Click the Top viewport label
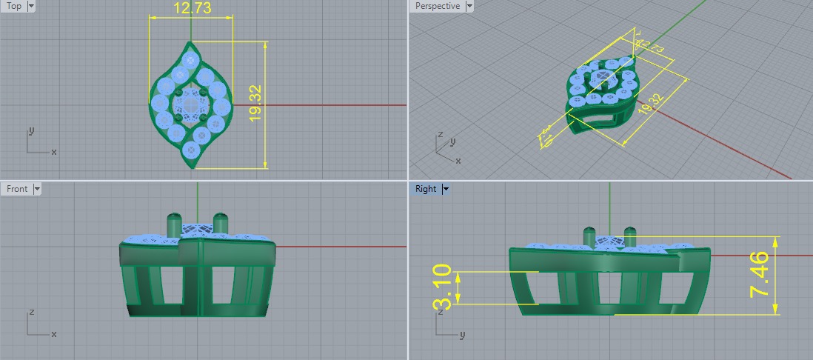pyautogui.click(x=14, y=6)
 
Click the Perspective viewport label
pyautogui.click(x=438, y=6)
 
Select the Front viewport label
pyautogui.click(x=17, y=189)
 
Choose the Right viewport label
pyautogui.click(x=426, y=189)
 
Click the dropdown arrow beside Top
pyautogui.click(x=31, y=6)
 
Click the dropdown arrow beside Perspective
pyautogui.click(x=469, y=6)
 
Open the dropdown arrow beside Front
pyautogui.click(x=37, y=189)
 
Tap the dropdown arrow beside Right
pyautogui.click(x=446, y=189)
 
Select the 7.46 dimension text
pyautogui.click(x=760, y=275)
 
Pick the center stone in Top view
pyautogui.click(x=192, y=106)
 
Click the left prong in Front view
pyautogui.click(x=174, y=221)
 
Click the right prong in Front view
pyautogui.click(x=219, y=221)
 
